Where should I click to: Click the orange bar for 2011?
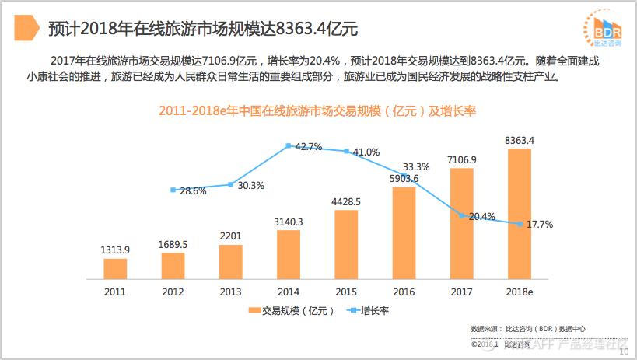115,268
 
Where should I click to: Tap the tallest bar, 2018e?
519,214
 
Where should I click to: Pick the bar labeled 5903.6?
404,232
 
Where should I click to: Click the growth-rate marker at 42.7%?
289,145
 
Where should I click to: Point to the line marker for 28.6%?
173,190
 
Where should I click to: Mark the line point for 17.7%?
519,224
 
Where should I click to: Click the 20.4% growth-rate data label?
482,217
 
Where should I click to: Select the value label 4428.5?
346,201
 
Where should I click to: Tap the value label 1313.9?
115,250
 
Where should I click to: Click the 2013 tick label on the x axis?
230,292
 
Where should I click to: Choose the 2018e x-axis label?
519,292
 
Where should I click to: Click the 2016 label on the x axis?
404,292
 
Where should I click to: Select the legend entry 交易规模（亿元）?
292,311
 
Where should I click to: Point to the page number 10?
624,351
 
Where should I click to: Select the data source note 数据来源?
529,329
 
